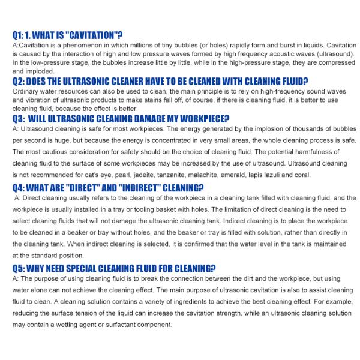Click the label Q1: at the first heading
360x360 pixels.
[x=20, y=35]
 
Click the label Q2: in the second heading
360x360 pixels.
[x=20, y=81]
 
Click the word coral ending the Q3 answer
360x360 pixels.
[x=302, y=175]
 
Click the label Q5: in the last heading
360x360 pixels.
[x=20, y=268]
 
